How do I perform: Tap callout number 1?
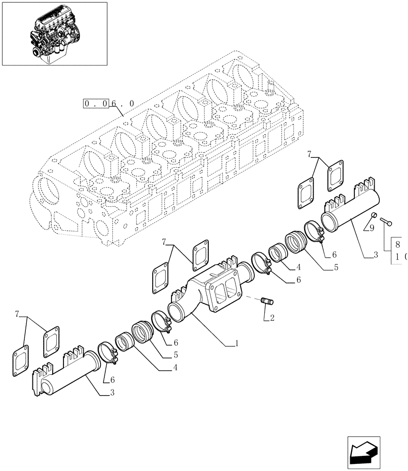[x=237, y=344]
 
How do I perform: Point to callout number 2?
[x=272, y=318]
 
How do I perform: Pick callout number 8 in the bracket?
[x=398, y=244]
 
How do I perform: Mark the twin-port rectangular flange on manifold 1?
[x=225, y=294]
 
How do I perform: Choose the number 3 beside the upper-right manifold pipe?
[x=376, y=255]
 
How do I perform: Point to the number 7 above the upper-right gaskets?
[x=309, y=154]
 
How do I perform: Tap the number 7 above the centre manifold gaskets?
[x=164, y=242]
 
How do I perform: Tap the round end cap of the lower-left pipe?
[x=46, y=388]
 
